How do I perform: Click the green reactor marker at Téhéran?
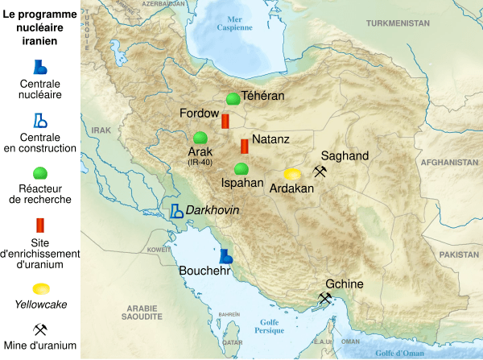tap(233, 98)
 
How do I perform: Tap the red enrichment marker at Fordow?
tap(226, 121)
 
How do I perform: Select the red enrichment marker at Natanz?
tap(244, 147)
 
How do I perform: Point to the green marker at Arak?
tap(200, 138)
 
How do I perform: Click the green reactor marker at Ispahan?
tap(241, 169)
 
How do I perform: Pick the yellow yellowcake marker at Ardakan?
tap(293, 174)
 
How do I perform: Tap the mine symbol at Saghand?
tap(320, 172)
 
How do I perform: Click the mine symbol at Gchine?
tap(325, 299)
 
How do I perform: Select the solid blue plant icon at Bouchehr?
tap(227, 256)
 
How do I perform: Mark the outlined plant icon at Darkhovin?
tap(176, 211)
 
